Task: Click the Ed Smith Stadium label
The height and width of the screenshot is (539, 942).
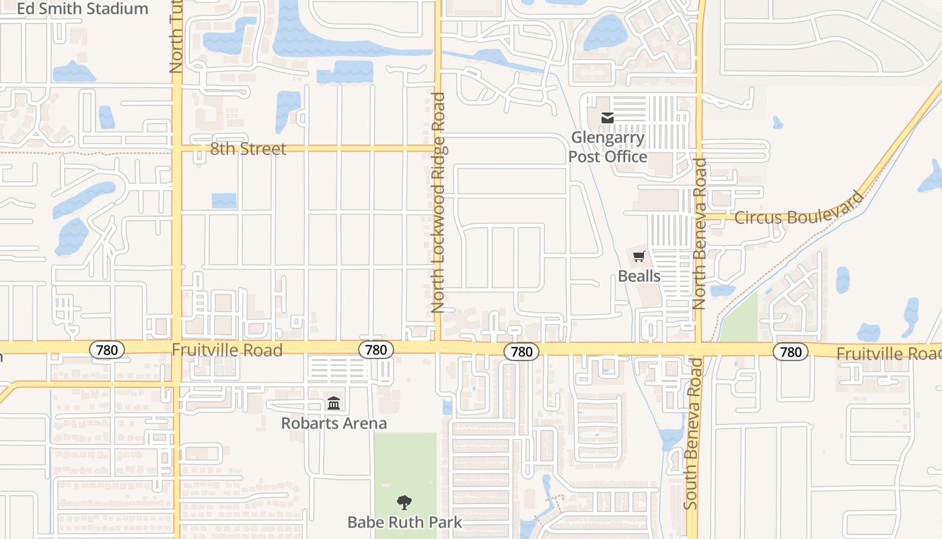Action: (x=82, y=9)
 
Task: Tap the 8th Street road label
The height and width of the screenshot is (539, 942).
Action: (x=248, y=149)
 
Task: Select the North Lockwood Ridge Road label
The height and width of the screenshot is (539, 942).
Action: (x=439, y=202)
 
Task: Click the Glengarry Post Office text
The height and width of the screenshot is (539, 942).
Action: (x=608, y=148)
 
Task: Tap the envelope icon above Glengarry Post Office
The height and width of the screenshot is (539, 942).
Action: (x=608, y=119)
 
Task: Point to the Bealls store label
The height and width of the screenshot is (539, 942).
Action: (x=639, y=276)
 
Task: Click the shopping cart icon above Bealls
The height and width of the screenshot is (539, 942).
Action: (x=639, y=256)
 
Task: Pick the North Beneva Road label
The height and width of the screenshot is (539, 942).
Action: (x=699, y=233)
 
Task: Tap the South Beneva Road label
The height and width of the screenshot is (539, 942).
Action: (x=694, y=433)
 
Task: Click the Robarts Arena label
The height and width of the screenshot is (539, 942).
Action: (x=334, y=424)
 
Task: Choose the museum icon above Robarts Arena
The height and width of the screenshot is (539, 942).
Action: (x=334, y=404)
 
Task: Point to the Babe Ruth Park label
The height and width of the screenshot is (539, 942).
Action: (x=404, y=522)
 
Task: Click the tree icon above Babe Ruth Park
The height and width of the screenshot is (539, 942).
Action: (x=404, y=502)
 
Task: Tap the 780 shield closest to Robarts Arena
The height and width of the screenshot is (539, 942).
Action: (x=375, y=349)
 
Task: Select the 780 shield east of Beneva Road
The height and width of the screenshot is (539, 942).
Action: (x=790, y=351)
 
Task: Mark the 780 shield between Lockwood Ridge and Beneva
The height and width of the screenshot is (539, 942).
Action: (x=521, y=351)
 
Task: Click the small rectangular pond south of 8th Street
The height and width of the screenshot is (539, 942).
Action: (x=224, y=201)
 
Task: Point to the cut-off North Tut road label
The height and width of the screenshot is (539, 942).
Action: (x=176, y=37)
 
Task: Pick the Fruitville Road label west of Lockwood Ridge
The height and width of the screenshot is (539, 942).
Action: (x=227, y=350)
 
